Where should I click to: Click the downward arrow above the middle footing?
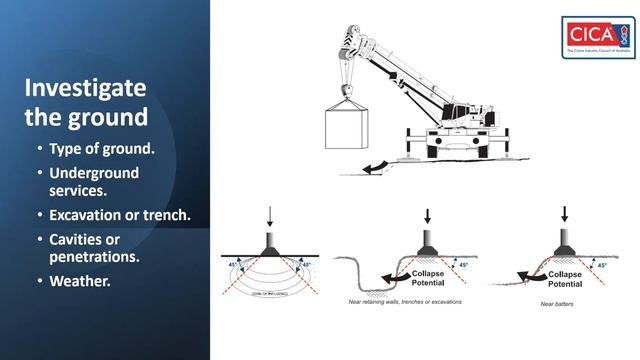tap(427, 215)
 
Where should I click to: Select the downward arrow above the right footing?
tap(565, 214)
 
